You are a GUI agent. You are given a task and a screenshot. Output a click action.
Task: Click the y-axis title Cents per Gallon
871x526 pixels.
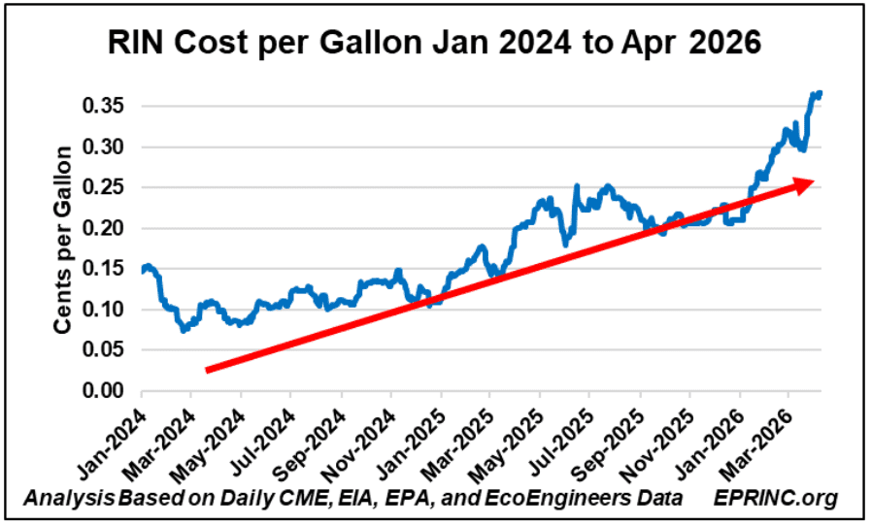tap(63, 241)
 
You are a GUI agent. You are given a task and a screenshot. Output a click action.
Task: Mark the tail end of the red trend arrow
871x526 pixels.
tap(209, 369)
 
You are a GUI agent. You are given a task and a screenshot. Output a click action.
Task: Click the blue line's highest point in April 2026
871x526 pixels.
tap(819, 93)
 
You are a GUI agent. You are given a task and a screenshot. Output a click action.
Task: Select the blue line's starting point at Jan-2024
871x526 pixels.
tap(142, 271)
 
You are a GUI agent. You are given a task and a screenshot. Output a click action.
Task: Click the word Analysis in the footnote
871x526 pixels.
tap(66, 499)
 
